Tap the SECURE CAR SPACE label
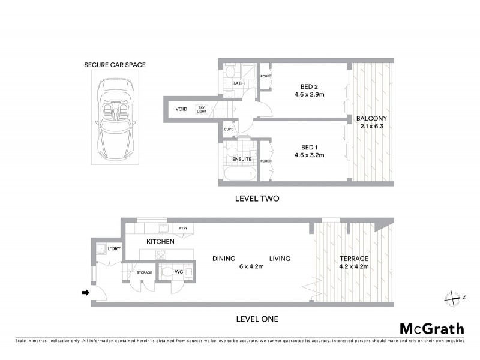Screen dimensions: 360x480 (x=115, y=65)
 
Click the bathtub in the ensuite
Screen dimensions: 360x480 (x=240, y=173)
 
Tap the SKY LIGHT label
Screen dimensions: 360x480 (x=202, y=110)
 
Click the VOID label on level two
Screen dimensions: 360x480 (x=181, y=110)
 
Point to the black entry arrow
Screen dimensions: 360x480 (x=86, y=293)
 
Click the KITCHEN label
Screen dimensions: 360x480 (x=160, y=242)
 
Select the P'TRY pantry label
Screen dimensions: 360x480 (x=183, y=229)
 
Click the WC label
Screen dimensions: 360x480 (x=178, y=272)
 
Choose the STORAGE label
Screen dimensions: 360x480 (x=144, y=272)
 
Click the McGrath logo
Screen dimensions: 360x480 (x=431, y=328)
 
